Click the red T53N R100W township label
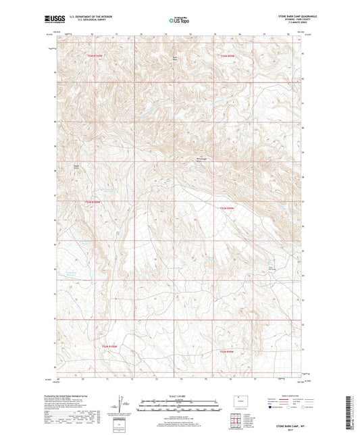[97, 55]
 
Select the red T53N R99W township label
[230, 55]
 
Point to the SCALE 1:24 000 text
[180, 396]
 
